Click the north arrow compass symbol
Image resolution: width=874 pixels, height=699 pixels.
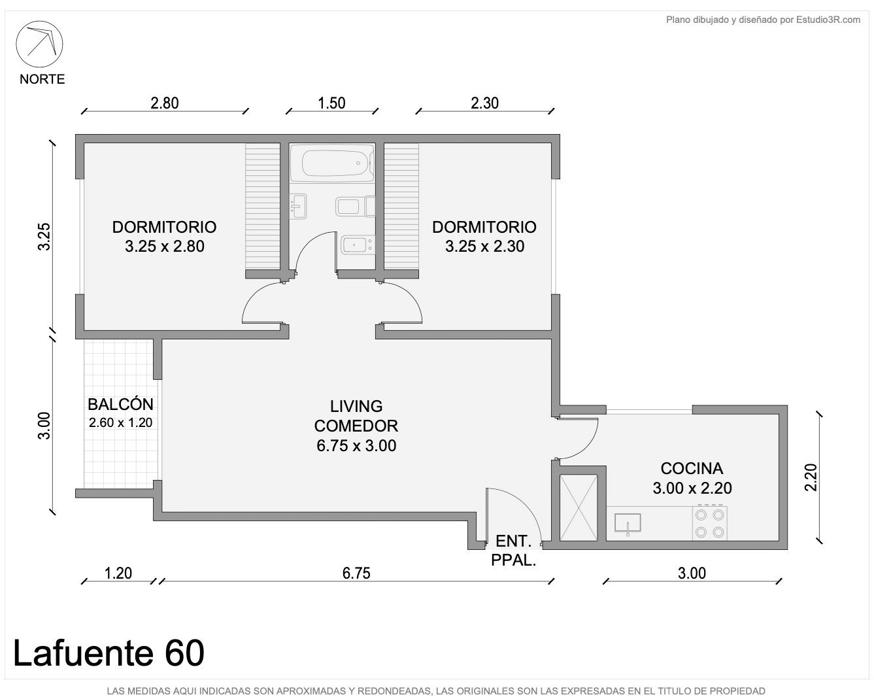39,44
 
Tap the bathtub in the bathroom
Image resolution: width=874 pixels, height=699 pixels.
337,163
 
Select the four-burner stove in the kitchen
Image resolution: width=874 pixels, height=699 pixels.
709,523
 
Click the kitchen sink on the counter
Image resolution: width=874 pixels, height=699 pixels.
628,524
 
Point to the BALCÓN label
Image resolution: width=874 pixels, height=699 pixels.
121,404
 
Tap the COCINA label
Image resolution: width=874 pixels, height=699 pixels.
692,469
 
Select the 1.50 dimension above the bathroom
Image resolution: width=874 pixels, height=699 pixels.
331,103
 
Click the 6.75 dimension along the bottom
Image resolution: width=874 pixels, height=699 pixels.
356,573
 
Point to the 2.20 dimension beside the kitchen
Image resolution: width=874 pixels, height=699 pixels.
811,477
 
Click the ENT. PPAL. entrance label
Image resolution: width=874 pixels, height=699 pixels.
513,551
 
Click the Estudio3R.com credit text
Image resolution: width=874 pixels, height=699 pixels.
763,20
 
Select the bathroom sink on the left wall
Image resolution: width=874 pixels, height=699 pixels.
299,206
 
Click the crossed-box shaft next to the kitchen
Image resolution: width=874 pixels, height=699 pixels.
579,507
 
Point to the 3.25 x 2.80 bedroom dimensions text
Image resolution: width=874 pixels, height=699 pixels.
165,247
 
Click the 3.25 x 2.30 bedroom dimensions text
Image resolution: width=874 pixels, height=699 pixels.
484,247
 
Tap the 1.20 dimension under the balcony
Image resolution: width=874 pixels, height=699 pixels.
118,573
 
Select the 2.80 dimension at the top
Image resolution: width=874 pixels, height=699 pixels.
165,103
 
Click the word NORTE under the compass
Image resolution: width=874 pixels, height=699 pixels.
42,79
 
